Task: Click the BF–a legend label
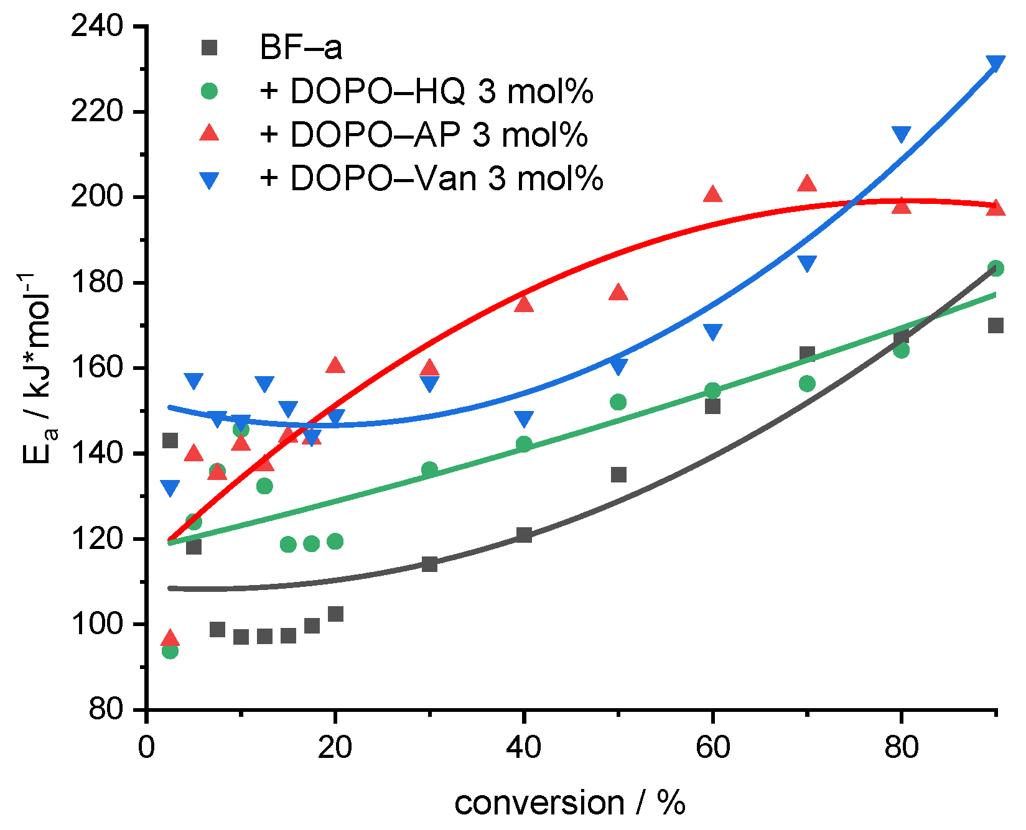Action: point(301,48)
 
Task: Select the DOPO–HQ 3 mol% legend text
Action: point(427,91)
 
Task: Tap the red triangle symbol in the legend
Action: point(210,133)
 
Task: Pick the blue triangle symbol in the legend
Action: point(210,180)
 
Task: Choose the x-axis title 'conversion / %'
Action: point(570,802)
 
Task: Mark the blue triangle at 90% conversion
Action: point(996,63)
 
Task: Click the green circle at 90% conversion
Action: point(996,268)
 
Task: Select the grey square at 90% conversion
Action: point(996,325)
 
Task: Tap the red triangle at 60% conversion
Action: point(712,195)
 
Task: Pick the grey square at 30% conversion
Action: point(429,564)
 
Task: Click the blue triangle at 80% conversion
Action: point(901,134)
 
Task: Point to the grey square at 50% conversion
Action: point(618,475)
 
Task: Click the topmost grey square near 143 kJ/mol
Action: point(170,441)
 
